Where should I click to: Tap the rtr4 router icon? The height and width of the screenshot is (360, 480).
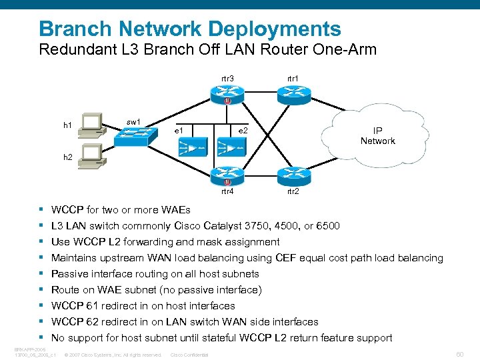(x=227, y=176)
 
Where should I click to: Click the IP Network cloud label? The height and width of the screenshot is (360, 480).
(x=377, y=135)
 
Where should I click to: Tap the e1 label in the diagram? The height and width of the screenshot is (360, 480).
(x=179, y=130)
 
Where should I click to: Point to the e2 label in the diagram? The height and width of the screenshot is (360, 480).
(x=243, y=130)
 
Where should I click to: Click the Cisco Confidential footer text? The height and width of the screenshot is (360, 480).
(x=190, y=355)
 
